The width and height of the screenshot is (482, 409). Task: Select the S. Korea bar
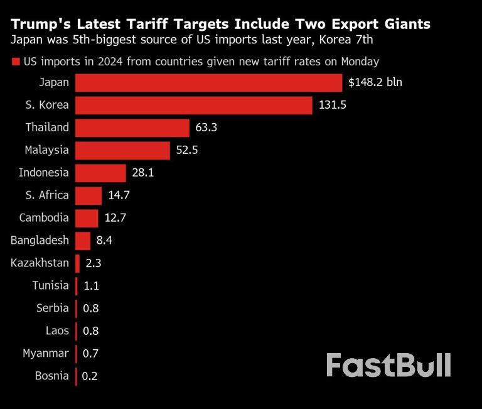(193, 106)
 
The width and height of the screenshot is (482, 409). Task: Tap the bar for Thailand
(132, 128)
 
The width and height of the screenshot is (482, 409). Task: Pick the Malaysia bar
(122, 150)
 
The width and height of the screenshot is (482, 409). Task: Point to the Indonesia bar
(100, 173)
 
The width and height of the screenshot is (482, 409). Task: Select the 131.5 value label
(333, 106)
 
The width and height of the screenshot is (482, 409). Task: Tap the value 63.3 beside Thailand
(206, 128)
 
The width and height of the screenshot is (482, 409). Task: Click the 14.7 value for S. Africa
(119, 195)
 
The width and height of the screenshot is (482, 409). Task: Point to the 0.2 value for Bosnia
(90, 376)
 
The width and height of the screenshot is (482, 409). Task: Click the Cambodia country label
(44, 218)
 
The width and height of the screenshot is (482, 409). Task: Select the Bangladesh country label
(40, 241)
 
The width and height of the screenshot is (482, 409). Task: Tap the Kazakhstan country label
(40, 263)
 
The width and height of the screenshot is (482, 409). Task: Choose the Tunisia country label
(51, 286)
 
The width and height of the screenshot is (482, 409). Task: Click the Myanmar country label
(45, 353)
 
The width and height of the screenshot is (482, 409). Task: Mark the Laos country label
(57, 331)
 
